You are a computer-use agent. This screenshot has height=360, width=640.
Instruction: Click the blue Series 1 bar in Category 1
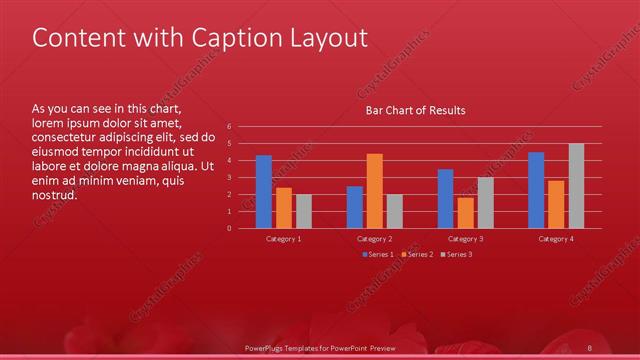pos(264,192)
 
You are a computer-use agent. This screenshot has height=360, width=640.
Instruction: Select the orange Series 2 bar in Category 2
pos(375,191)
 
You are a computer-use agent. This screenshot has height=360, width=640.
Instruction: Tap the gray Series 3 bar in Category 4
pos(576,186)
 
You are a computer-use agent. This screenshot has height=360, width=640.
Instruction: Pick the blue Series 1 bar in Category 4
pos(536,190)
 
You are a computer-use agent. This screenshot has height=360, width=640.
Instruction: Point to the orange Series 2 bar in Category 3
pos(466,213)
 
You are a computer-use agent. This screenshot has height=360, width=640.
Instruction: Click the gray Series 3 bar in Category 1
pos(304,211)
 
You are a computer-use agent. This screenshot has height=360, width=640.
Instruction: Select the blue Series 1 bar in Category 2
pos(355,207)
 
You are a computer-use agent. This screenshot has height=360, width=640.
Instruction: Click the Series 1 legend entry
pos(378,255)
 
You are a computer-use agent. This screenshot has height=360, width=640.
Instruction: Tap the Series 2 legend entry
pos(417,255)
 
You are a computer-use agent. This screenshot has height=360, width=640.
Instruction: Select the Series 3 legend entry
pos(456,255)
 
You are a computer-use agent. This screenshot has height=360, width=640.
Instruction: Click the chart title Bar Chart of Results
pos(415,110)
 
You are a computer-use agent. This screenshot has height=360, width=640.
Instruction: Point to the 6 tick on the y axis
pos(229,127)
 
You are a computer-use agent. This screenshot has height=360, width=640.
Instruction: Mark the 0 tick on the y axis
pos(229,228)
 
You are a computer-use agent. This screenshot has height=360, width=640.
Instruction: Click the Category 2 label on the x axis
pos(375,239)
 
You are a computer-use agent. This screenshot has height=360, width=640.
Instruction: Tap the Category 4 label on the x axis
pos(556,239)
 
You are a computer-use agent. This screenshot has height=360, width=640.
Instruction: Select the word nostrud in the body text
pos(54,194)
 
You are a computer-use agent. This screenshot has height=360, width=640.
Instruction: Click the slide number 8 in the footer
pos(591,346)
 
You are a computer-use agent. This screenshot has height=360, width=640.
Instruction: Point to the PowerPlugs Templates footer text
pos(321,346)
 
